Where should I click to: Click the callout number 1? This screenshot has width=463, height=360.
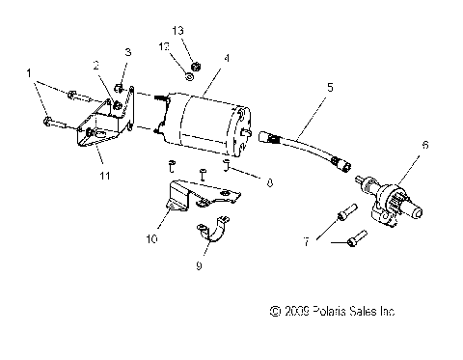click(29, 73)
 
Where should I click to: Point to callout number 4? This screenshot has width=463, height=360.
click(225, 58)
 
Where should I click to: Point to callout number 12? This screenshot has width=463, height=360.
click(163, 46)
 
